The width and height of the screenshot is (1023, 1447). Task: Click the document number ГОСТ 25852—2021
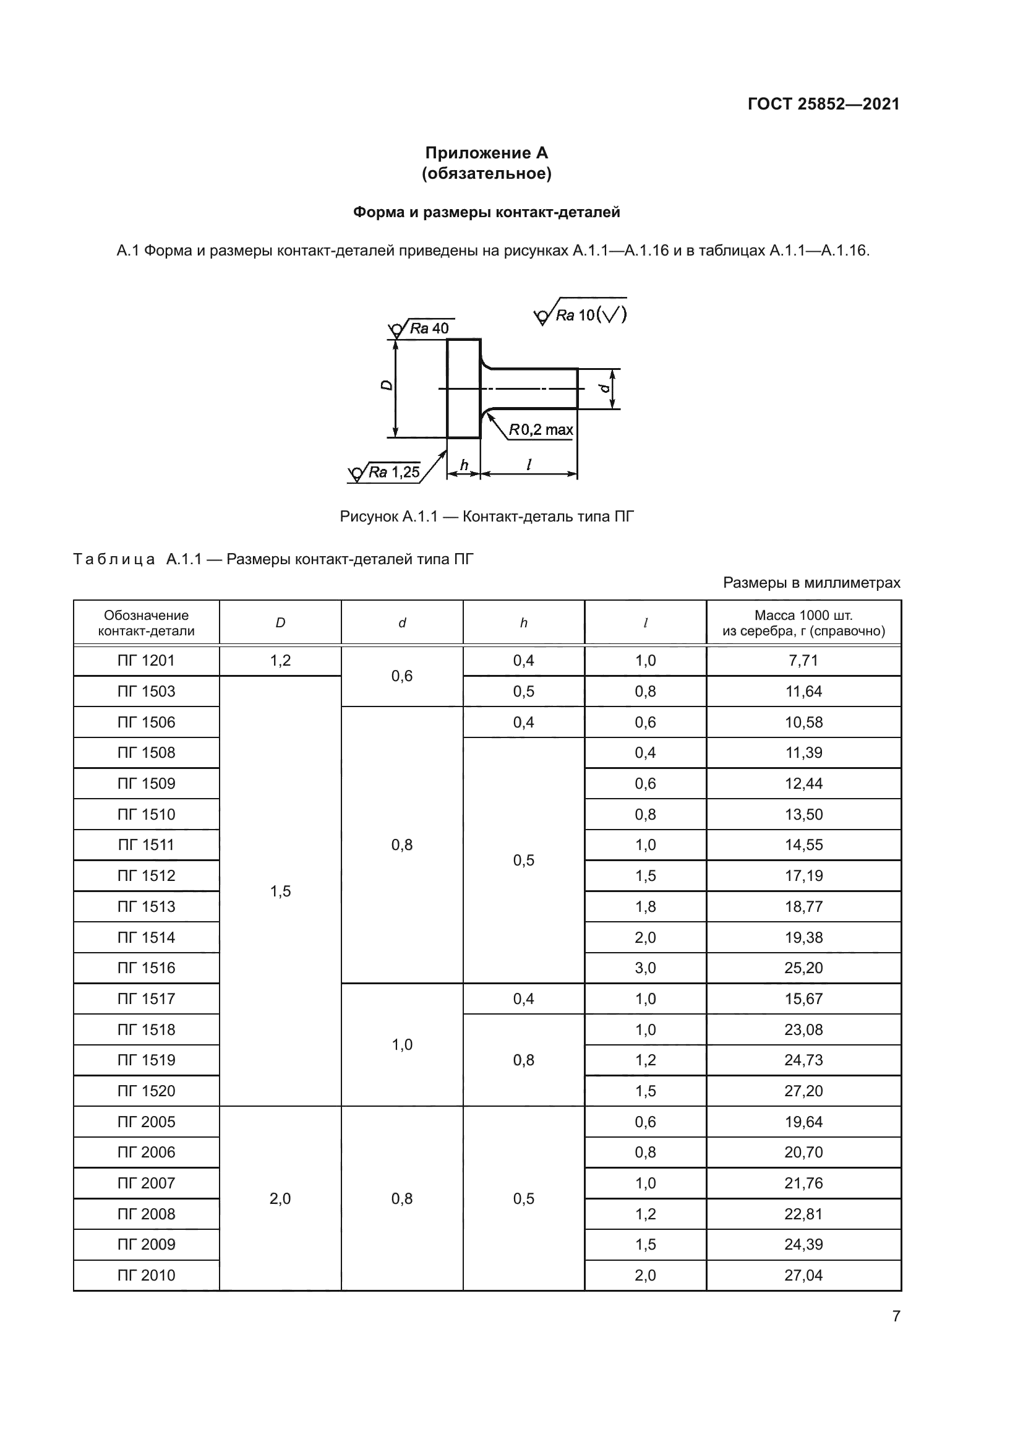[x=823, y=104]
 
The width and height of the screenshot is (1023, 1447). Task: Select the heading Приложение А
[x=486, y=153]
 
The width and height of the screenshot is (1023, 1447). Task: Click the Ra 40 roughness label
[x=429, y=328]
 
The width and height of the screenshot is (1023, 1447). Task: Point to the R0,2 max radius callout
[x=541, y=430]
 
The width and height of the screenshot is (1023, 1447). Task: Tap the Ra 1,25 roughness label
[x=393, y=472]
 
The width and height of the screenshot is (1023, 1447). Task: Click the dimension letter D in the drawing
[x=387, y=385]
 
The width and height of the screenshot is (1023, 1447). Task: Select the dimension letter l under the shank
[x=528, y=465]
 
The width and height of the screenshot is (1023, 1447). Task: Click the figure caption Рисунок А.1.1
[x=486, y=517]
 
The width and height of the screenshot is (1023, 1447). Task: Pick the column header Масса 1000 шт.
[x=803, y=623]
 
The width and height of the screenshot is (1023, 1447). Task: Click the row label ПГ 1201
[x=146, y=661]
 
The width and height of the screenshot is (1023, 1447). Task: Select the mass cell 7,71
[x=803, y=661]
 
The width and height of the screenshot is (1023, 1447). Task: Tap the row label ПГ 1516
[x=146, y=968]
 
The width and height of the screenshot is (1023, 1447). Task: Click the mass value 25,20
[x=803, y=968]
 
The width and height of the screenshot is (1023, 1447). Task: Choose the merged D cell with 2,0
[x=280, y=1198]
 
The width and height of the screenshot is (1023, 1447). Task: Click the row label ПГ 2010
[x=146, y=1275]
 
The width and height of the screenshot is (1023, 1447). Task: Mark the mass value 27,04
[x=803, y=1275]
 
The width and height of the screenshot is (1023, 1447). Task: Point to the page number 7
[x=896, y=1316]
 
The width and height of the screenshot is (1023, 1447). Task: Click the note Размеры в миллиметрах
[x=811, y=582]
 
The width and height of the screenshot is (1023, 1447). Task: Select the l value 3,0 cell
[x=645, y=968]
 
